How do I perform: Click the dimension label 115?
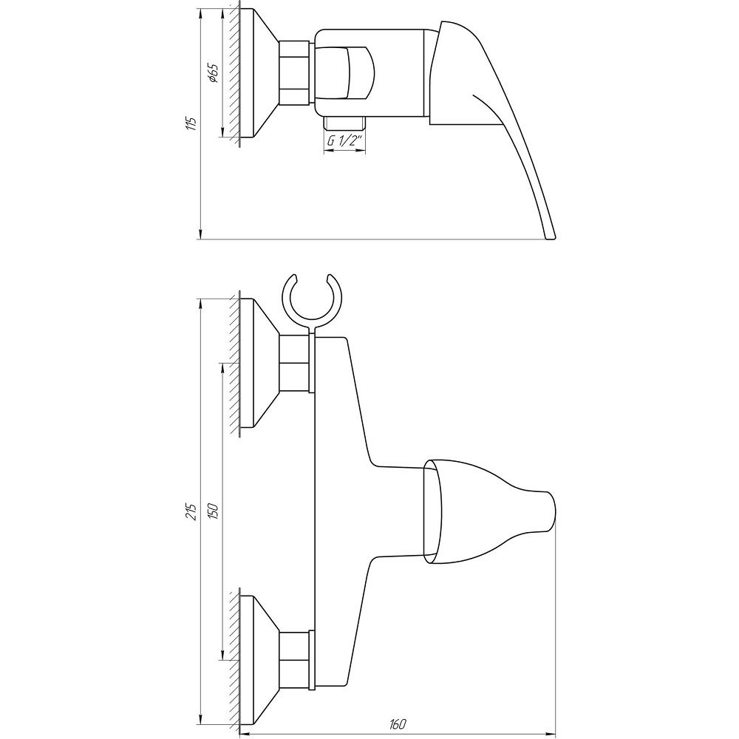click(191, 123)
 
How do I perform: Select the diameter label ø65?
click(213, 73)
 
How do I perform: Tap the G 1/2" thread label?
click(344, 141)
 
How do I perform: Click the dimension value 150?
click(213, 511)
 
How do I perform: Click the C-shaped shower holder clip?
click(312, 299)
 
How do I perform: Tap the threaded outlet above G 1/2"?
click(344, 123)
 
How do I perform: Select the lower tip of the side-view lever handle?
click(551, 239)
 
